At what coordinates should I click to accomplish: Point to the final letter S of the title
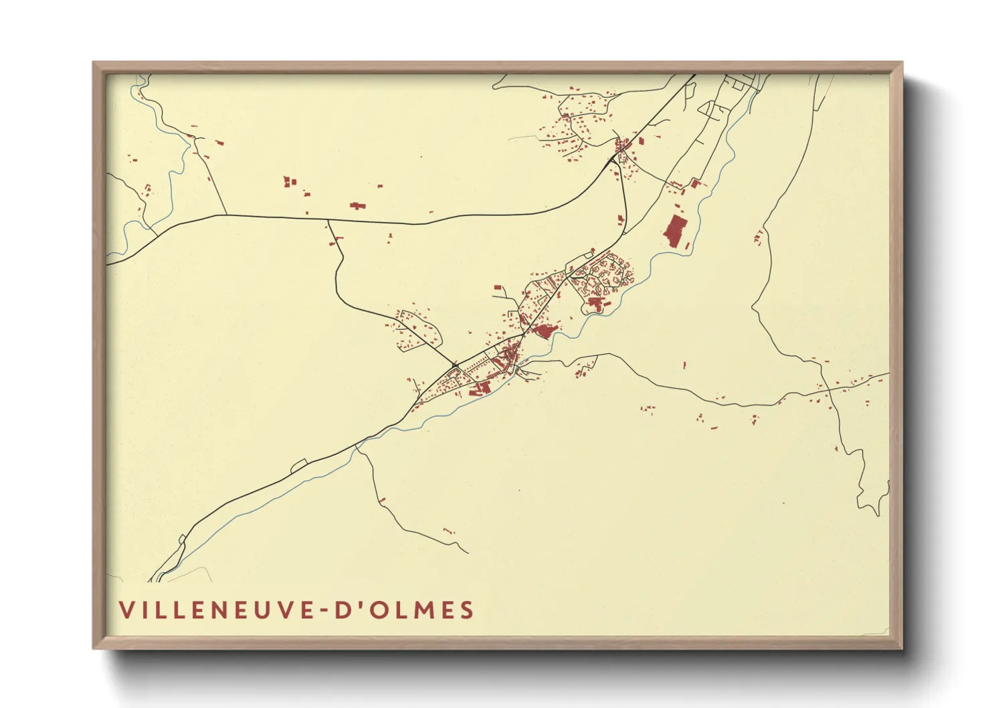(x=466, y=610)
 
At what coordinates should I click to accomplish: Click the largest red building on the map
(x=676, y=231)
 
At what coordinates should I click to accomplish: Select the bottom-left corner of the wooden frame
(x=94, y=647)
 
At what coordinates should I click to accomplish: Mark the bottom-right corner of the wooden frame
(x=901, y=647)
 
